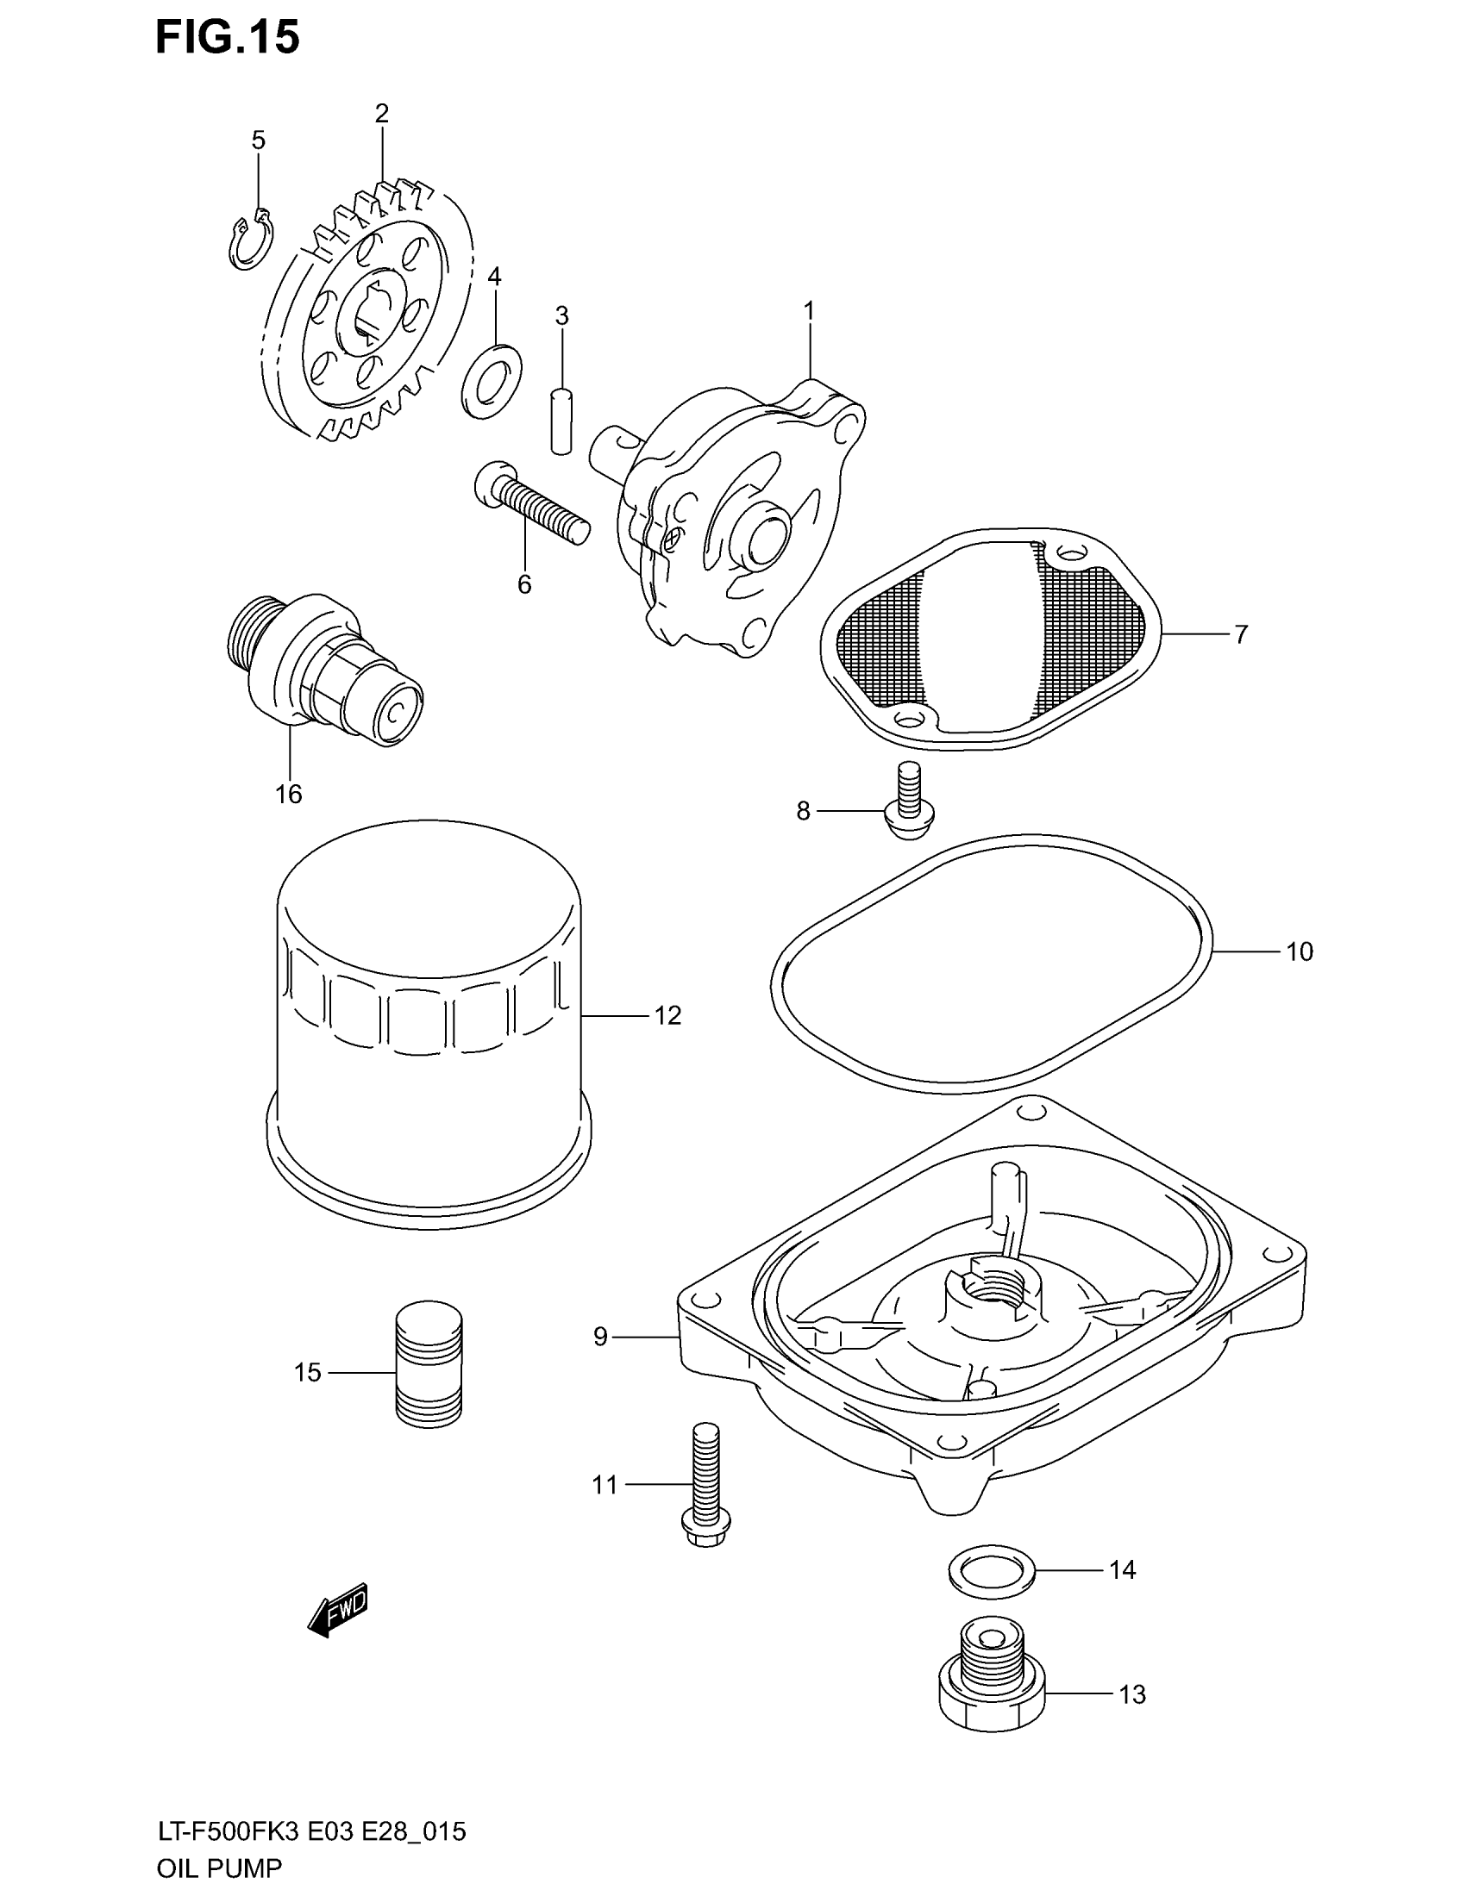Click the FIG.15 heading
pyautogui.click(x=228, y=38)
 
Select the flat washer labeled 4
pyautogui.click(x=492, y=379)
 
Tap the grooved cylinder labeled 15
pyautogui.click(x=429, y=1376)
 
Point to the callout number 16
pyautogui.click(x=288, y=794)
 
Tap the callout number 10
pyautogui.click(x=1300, y=952)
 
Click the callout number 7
pyautogui.click(x=1241, y=634)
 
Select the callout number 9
pyautogui.click(x=600, y=1337)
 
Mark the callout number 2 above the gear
pyautogui.click(x=382, y=114)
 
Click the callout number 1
pyautogui.click(x=809, y=310)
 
